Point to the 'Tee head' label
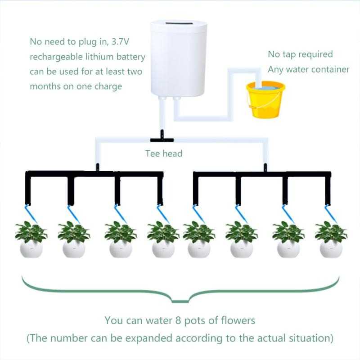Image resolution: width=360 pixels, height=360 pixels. (x=164, y=153)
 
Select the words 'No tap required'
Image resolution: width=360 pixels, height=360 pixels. (x=300, y=54)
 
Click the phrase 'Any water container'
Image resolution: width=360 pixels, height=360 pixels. (x=308, y=69)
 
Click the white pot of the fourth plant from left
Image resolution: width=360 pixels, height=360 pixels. (x=163, y=249)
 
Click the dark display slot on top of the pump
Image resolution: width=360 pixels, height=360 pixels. (x=176, y=22)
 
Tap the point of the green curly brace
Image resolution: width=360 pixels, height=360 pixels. (x=180, y=301)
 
